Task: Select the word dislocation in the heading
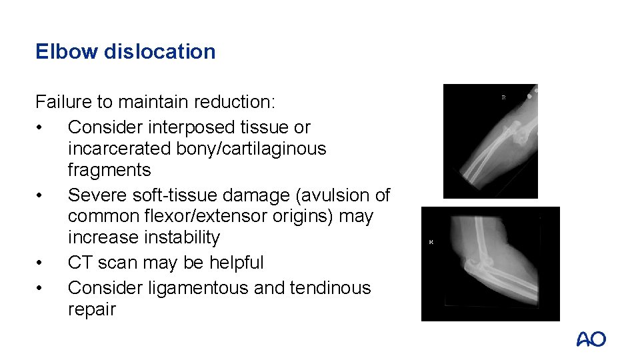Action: pyautogui.click(x=160, y=51)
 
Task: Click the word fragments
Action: pyautogui.click(x=109, y=169)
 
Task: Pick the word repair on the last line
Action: pyautogui.click(x=91, y=309)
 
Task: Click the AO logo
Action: pyautogui.click(x=591, y=339)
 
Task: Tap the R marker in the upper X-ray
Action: pyautogui.click(x=503, y=97)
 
